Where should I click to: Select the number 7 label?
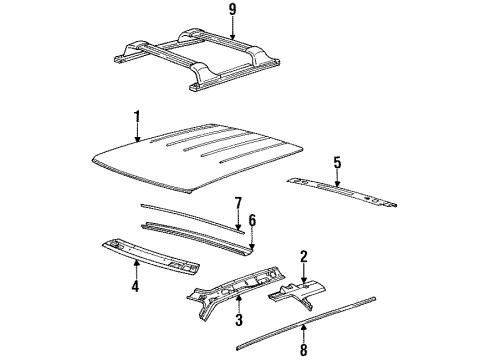pos(238,204)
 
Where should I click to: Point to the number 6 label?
pos(252,219)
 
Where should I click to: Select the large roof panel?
pos(200,150)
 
